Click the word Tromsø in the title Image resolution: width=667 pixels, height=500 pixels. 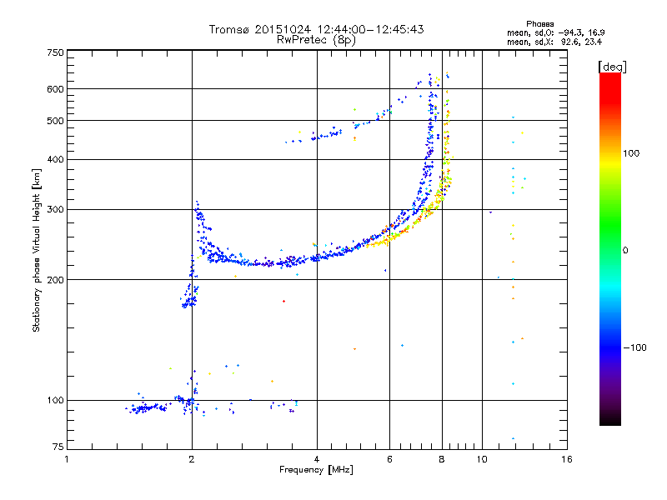click(x=228, y=29)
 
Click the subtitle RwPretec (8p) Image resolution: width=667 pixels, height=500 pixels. click(x=316, y=39)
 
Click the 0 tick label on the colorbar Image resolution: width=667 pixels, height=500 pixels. click(x=626, y=250)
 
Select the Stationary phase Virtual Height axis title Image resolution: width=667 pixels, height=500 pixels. click(x=37, y=251)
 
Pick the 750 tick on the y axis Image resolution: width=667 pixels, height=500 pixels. click(x=55, y=52)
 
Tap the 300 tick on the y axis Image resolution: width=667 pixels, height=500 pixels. click(x=55, y=209)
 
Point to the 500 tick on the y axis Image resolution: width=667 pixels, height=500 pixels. click(x=55, y=121)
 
